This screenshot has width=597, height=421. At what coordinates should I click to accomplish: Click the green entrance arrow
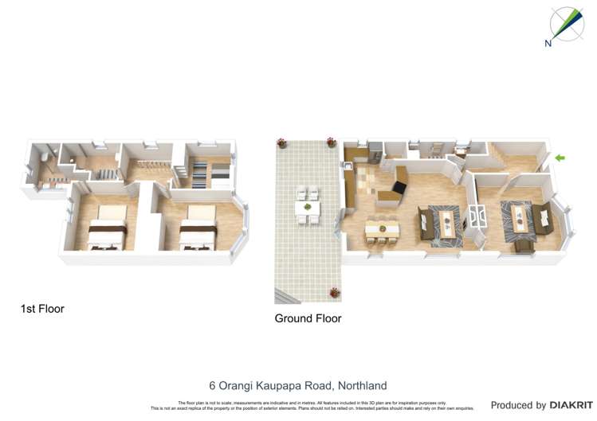click(x=560, y=158)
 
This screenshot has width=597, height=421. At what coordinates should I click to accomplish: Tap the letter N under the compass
click(x=548, y=44)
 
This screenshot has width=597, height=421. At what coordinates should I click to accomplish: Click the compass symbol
click(x=567, y=23)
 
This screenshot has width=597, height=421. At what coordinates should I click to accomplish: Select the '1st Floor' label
click(x=42, y=309)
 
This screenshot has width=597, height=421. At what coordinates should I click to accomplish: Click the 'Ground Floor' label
click(x=308, y=318)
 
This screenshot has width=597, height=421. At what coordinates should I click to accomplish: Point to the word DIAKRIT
click(x=572, y=406)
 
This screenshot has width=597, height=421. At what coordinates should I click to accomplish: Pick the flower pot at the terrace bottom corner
click(x=335, y=293)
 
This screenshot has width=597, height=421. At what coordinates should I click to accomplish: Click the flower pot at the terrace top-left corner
click(x=281, y=143)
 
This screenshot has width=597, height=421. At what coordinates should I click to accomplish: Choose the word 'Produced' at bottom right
click(x=518, y=406)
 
